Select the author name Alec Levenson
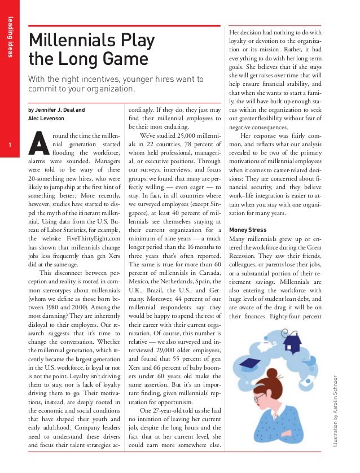pyautogui.click(x=48, y=119)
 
